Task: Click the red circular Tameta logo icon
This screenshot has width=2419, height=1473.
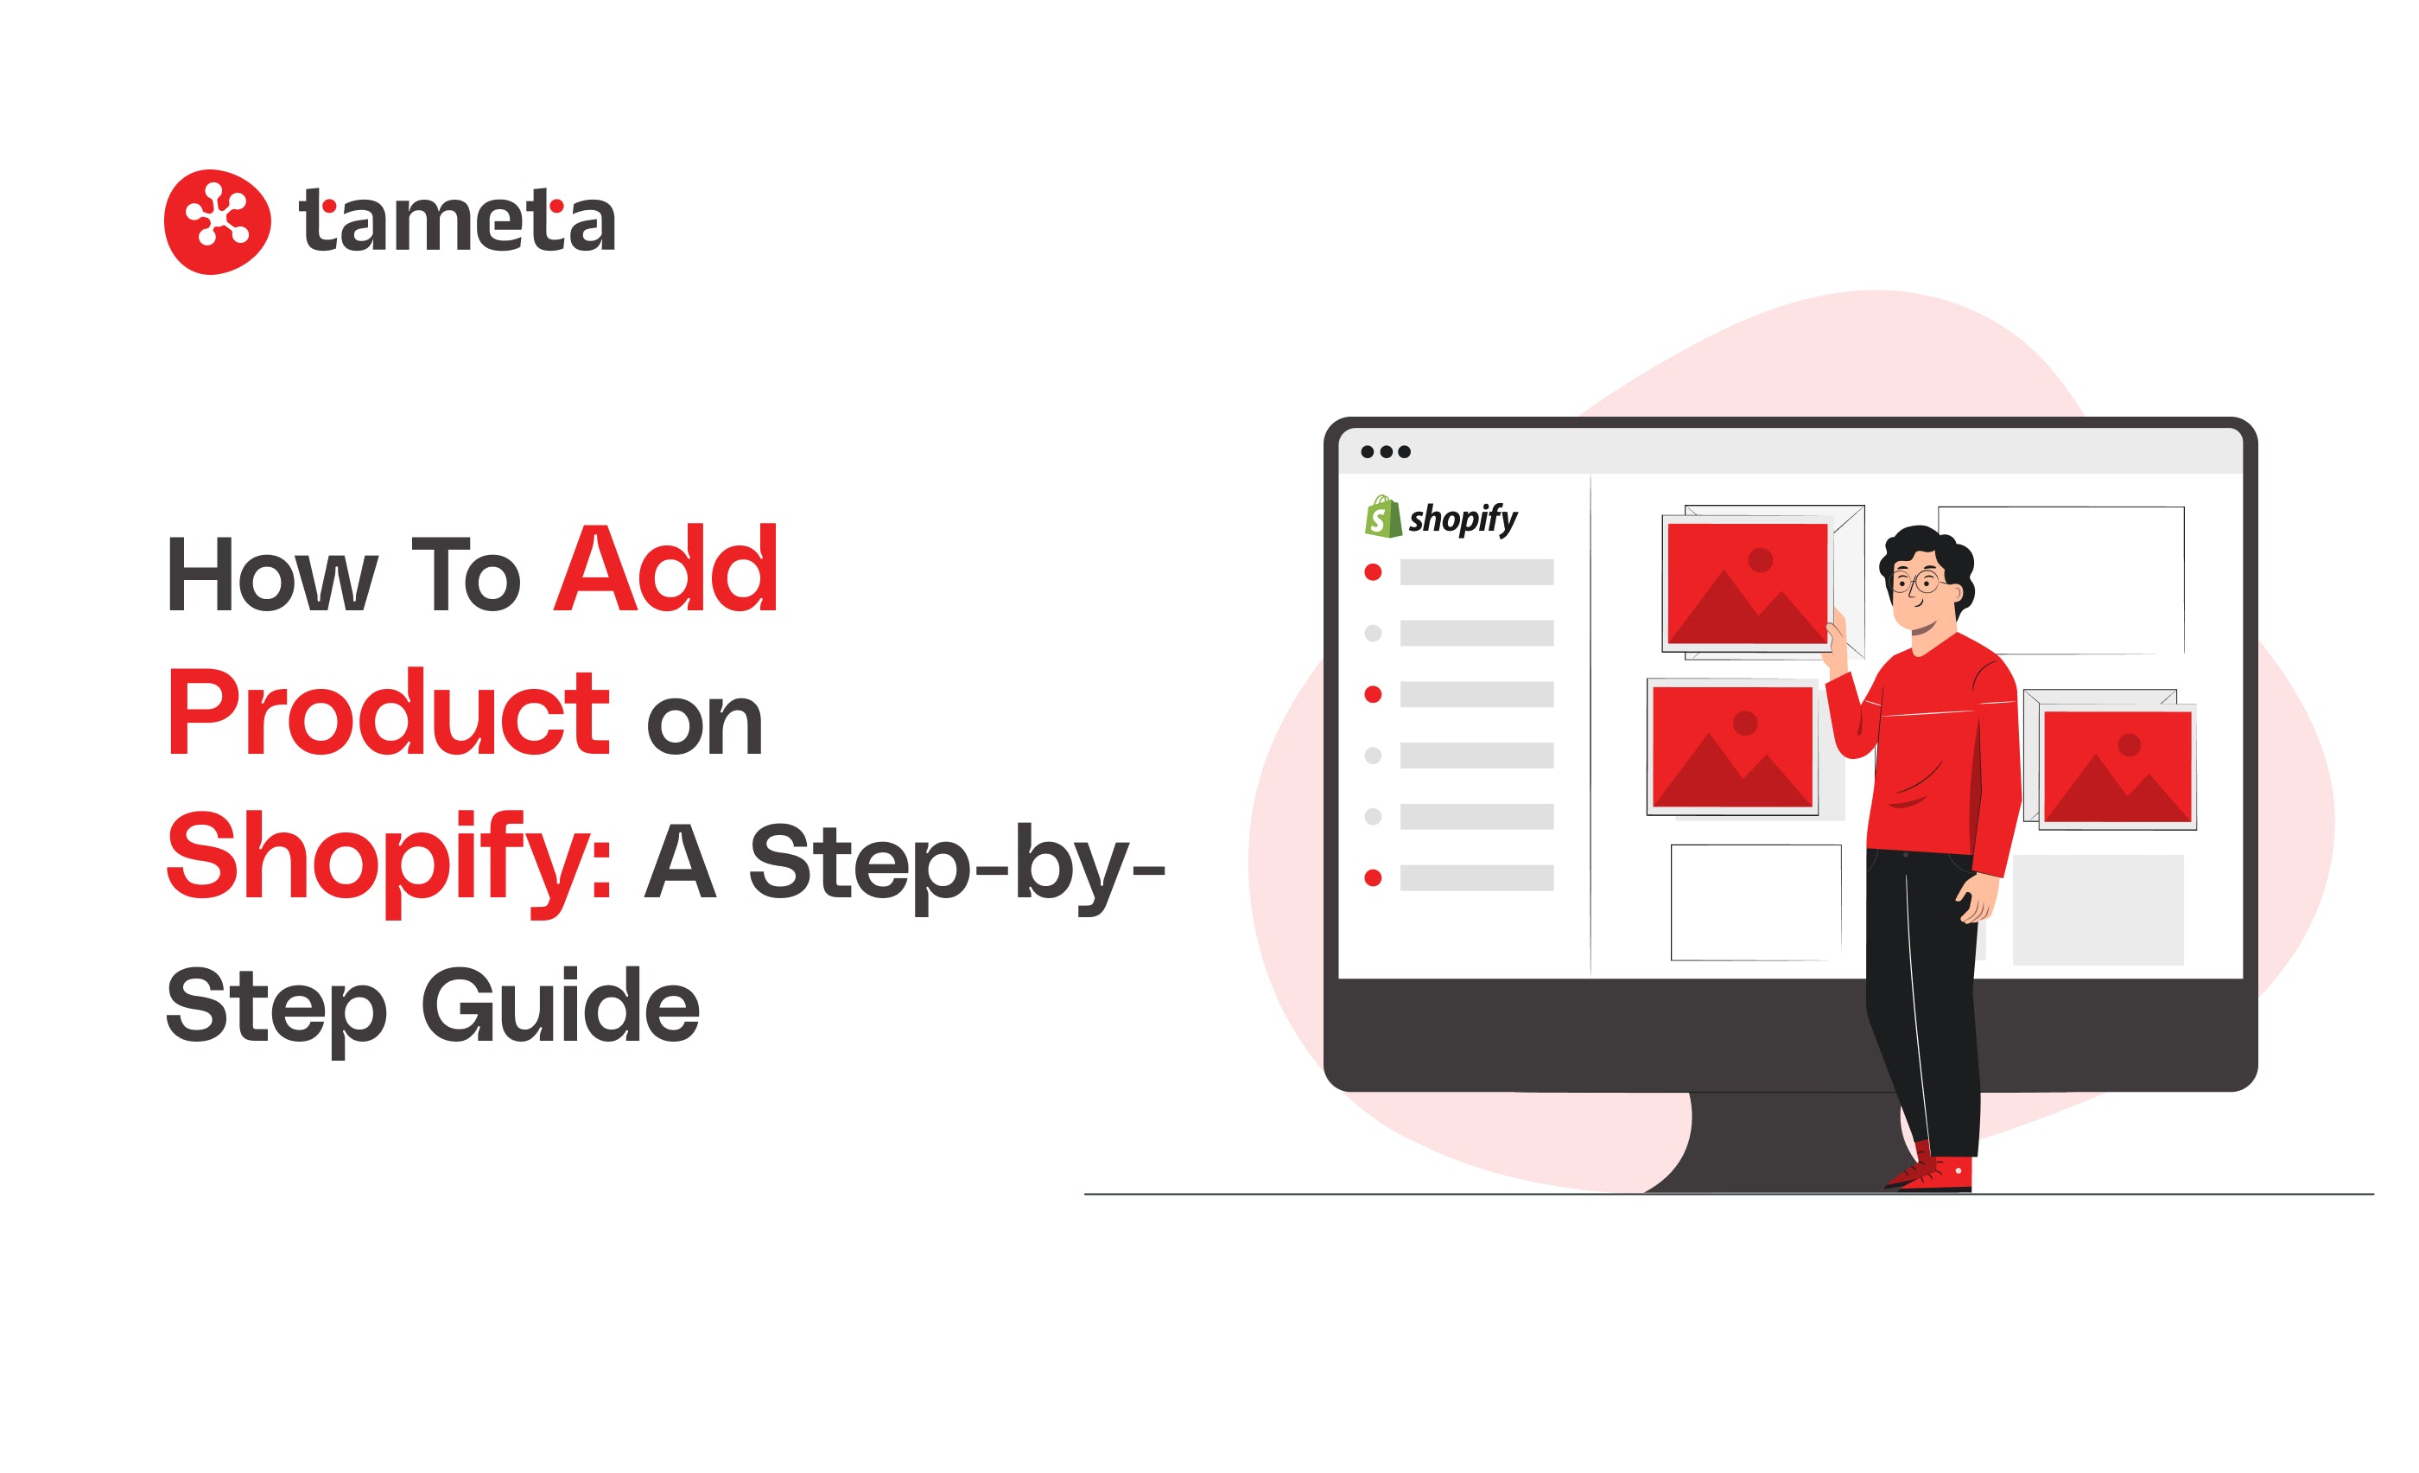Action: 217,222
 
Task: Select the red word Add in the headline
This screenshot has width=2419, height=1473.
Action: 667,569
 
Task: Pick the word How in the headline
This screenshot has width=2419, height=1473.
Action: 272,575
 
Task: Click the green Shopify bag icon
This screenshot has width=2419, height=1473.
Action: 1383,517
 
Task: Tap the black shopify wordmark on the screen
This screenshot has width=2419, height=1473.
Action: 1463,519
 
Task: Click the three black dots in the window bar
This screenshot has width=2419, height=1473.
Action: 1385,452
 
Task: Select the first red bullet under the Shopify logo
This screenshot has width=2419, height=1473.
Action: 1374,572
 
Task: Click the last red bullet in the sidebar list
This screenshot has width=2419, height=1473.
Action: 1374,878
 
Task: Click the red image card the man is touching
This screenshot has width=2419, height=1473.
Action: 1748,583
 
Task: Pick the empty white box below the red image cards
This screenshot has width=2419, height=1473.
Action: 1756,902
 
